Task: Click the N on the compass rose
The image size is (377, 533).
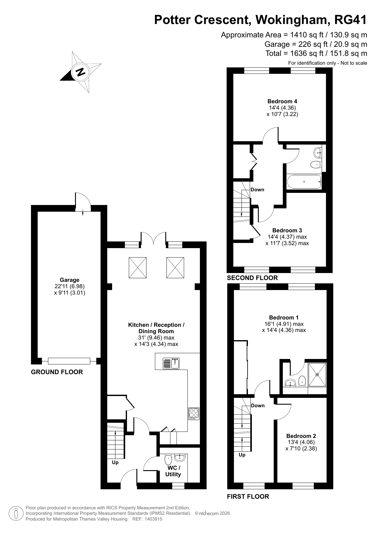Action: tap(81, 72)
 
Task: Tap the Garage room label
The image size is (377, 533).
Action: tap(70, 280)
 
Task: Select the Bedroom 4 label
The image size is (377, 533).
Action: tap(282, 101)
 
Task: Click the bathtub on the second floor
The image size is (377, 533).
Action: tap(304, 182)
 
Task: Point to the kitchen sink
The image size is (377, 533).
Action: tap(171, 363)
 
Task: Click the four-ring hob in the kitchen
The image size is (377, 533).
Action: tap(194, 413)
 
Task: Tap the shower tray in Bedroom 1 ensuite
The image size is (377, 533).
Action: tap(317, 374)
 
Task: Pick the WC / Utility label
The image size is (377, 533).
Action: tap(173, 471)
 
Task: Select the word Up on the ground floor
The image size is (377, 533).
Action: tap(115, 462)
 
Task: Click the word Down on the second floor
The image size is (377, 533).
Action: tap(257, 190)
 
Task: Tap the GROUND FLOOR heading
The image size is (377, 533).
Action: tap(57, 372)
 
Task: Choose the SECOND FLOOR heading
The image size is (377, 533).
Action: tap(252, 278)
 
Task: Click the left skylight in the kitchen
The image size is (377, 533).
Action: tap(138, 267)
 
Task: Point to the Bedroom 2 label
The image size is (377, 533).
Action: tap(301, 436)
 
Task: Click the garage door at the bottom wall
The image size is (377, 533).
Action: tap(69, 361)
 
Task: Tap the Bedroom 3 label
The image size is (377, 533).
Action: tap(287, 231)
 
